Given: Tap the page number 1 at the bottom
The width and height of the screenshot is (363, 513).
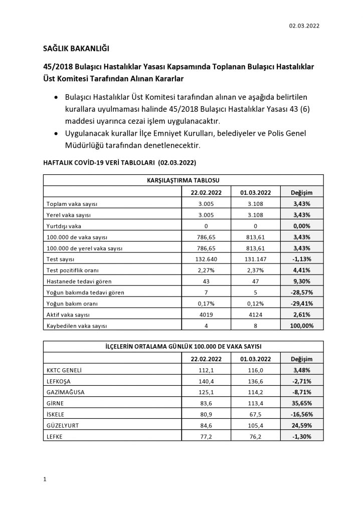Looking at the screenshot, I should point(45,479).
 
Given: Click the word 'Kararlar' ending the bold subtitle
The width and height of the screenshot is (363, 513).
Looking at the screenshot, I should point(168,79).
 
